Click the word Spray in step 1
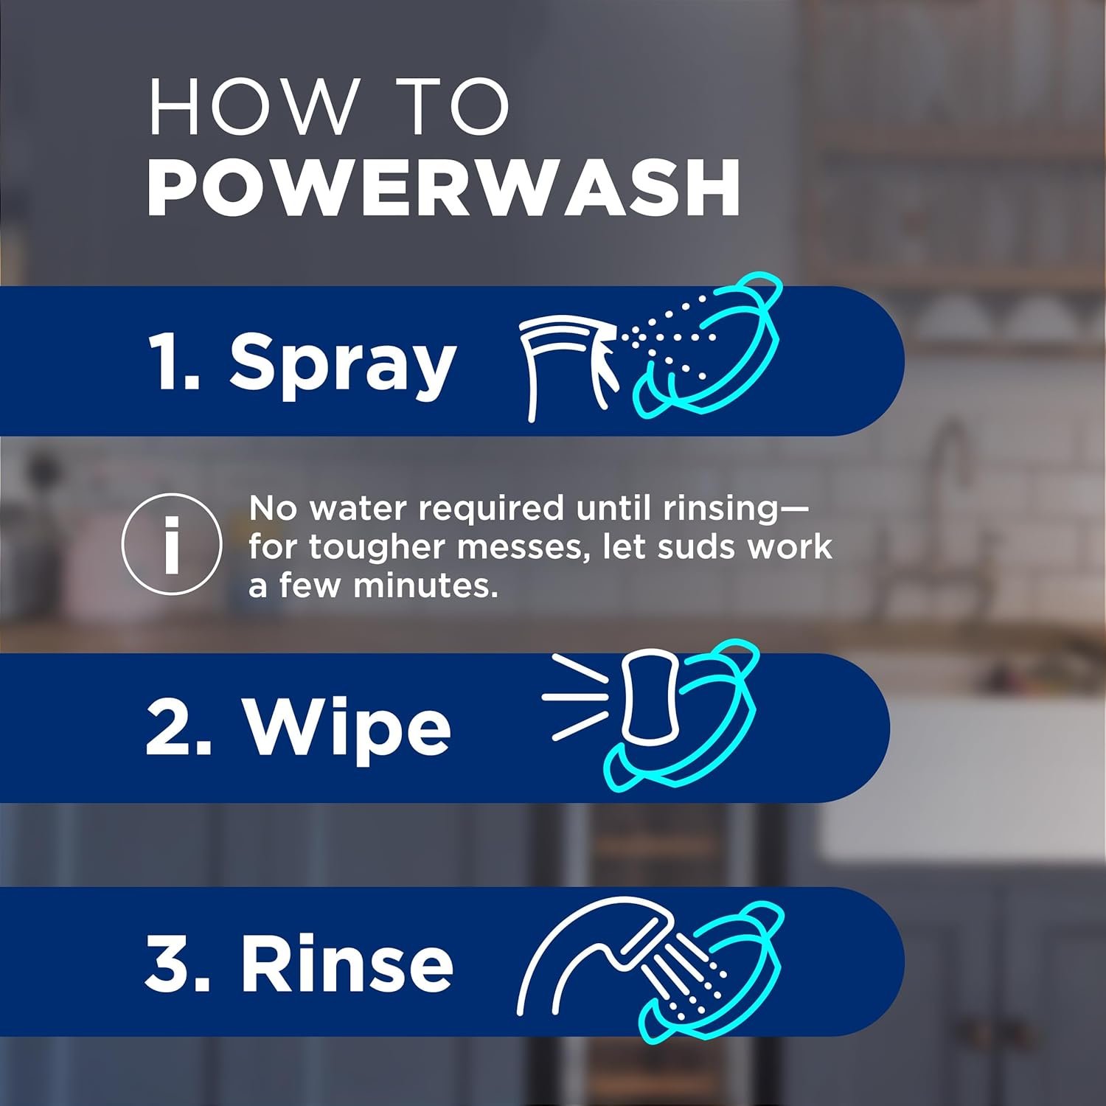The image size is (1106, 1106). (342, 363)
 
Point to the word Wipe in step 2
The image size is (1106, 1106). (347, 728)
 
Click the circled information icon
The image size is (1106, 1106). (172, 544)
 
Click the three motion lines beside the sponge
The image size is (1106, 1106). (575, 696)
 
